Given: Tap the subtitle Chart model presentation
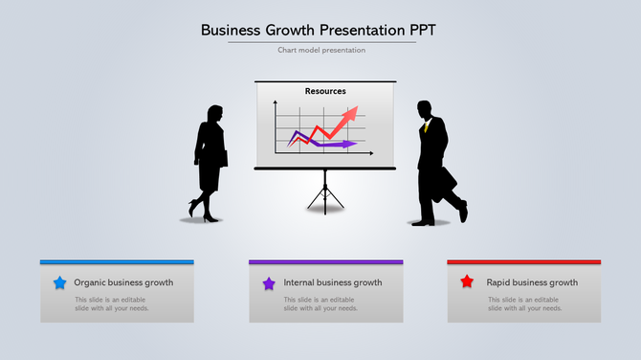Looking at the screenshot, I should tap(321, 50).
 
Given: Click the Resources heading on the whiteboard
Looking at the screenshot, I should tap(325, 92).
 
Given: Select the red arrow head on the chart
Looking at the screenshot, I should tap(351, 114).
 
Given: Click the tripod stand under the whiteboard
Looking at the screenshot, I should tap(325, 191).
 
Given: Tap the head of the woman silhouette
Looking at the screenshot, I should tap(215, 114).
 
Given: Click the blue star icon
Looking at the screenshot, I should tap(59, 282).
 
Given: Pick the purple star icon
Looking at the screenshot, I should tap(269, 282).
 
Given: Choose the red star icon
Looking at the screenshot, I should tap(467, 281).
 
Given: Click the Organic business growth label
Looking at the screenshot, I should tap(123, 282).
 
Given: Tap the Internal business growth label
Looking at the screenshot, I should tap(333, 282).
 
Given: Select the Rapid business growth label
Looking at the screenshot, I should tap(532, 282).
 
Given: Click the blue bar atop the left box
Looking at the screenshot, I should tap(117, 261).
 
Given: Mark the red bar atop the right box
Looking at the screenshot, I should tap(524, 261).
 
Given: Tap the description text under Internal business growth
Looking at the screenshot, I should tap(321, 304).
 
